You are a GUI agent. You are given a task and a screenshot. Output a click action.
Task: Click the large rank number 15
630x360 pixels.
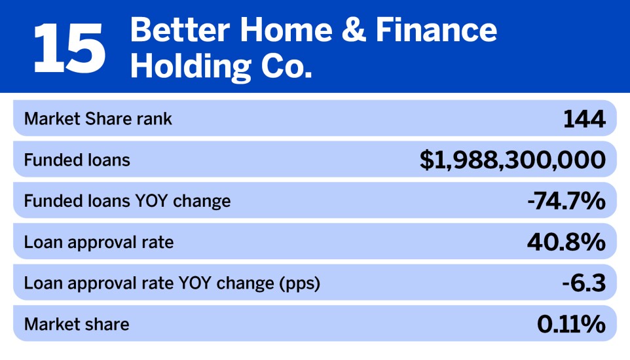pyautogui.click(x=69, y=48)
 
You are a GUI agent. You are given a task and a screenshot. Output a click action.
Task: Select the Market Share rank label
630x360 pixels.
pyautogui.click(x=98, y=119)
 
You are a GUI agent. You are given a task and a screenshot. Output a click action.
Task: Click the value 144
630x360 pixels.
pyautogui.click(x=584, y=119)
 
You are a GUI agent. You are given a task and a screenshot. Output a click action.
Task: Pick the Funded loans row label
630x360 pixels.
pyautogui.click(x=77, y=160)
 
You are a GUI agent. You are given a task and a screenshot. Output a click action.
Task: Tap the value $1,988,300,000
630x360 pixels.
pyautogui.click(x=512, y=160)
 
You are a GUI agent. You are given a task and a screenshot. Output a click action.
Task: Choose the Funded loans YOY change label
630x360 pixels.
pyautogui.click(x=127, y=201)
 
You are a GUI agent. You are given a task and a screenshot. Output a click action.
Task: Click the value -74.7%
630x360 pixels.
pyautogui.click(x=566, y=201)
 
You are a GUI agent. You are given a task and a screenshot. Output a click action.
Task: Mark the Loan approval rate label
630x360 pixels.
pyautogui.click(x=99, y=242)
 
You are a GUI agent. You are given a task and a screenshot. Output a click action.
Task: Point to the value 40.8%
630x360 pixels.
pyautogui.click(x=566, y=242)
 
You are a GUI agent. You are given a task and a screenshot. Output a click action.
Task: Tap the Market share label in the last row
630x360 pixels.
pyautogui.click(x=77, y=324)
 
